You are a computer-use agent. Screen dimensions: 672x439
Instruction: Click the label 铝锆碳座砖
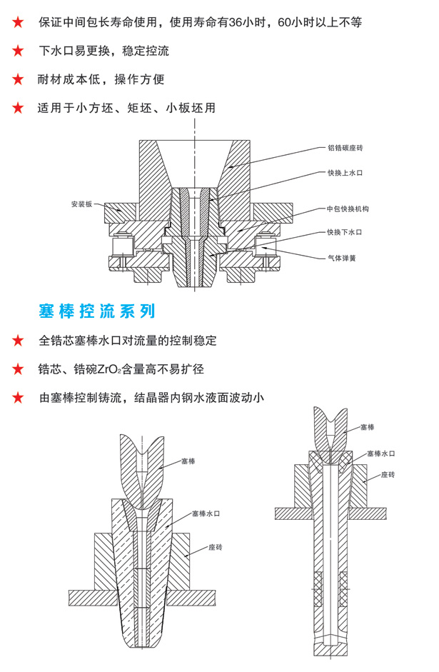coord(345,149)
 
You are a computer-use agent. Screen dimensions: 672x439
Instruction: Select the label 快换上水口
coord(345,173)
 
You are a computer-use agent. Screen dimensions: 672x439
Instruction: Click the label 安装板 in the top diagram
coord(82,204)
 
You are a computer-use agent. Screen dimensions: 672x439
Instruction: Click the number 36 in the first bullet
coord(245,22)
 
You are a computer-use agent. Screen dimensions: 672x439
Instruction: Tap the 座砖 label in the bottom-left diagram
coord(216,546)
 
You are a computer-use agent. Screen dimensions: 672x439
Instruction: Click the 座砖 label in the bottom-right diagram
coord(388,474)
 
